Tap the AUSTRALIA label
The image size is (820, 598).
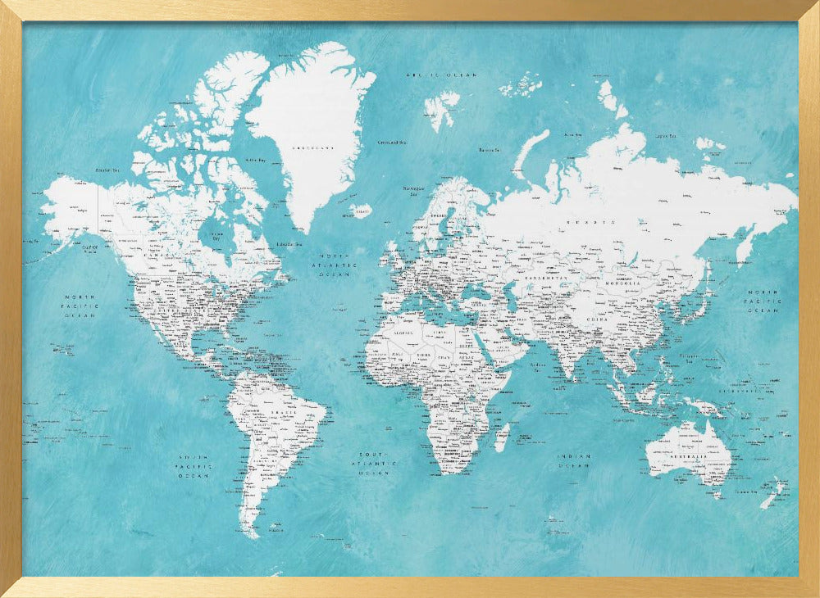[x=687, y=455]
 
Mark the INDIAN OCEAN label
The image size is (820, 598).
[x=574, y=461]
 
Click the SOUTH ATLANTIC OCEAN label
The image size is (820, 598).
[x=374, y=463]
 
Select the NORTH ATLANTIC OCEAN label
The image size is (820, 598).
[x=339, y=265]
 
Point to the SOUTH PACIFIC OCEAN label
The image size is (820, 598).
[x=194, y=466]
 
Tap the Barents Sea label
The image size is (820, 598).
[x=490, y=150]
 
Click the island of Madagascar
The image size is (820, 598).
[x=503, y=437]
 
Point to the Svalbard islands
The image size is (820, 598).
[x=442, y=106]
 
